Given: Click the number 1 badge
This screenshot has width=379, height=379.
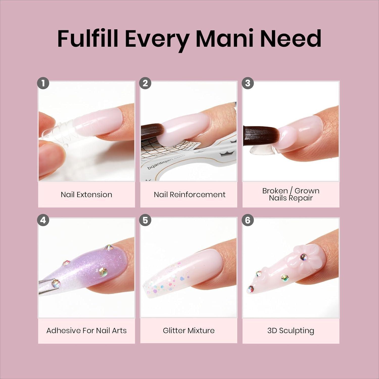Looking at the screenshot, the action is pyautogui.click(x=43, y=83).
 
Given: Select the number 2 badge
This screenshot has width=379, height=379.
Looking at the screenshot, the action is pyautogui.click(x=145, y=83).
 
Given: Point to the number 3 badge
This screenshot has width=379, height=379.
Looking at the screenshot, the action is pyautogui.click(x=248, y=83).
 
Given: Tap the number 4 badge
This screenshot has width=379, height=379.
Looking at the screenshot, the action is pyautogui.click(x=43, y=220).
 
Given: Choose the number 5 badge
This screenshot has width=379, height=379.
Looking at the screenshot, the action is pyautogui.click(x=145, y=220).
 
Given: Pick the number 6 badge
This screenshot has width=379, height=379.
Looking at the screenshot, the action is pyautogui.click(x=248, y=220).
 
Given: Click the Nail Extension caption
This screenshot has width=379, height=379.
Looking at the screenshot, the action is pyautogui.click(x=86, y=195).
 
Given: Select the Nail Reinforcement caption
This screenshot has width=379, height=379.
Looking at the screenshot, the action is pyautogui.click(x=189, y=195).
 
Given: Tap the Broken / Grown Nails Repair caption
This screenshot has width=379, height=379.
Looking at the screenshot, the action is pyautogui.click(x=291, y=194).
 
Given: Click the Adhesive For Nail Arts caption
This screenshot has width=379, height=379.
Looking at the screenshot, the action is pyautogui.click(x=86, y=330).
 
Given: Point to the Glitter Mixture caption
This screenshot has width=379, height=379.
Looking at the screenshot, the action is pyautogui.click(x=189, y=330).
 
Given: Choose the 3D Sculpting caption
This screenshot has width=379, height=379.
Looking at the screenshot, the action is pyautogui.click(x=291, y=331).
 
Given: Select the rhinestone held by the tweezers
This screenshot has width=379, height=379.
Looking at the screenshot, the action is pyautogui.click(x=55, y=282).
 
